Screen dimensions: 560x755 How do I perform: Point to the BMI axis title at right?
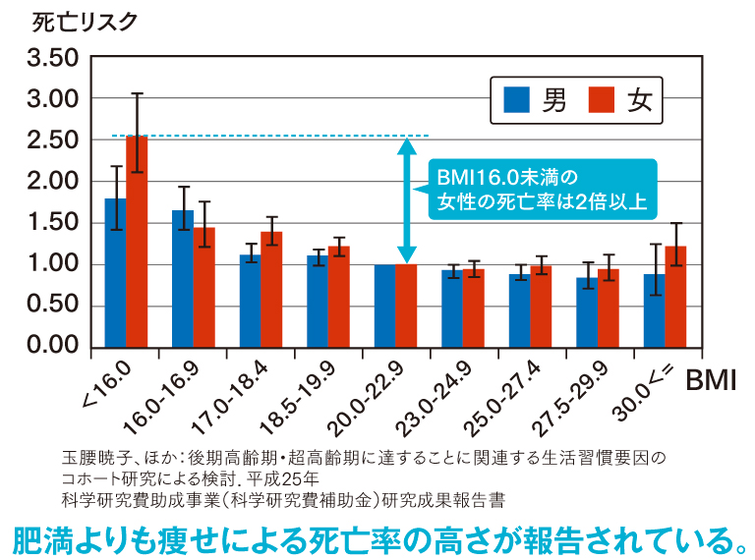tap(710, 381)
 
